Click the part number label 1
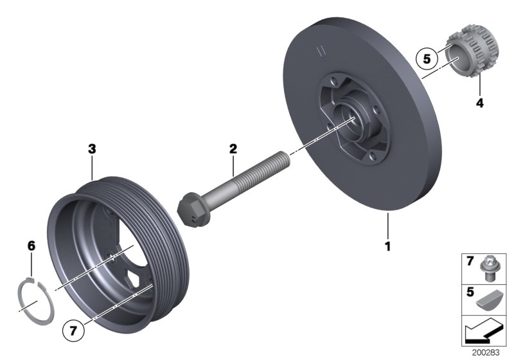(x=387, y=246)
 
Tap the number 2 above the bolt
(x=233, y=148)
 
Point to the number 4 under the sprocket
(x=479, y=102)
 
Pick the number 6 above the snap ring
(x=31, y=246)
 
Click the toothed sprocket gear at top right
(x=470, y=56)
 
